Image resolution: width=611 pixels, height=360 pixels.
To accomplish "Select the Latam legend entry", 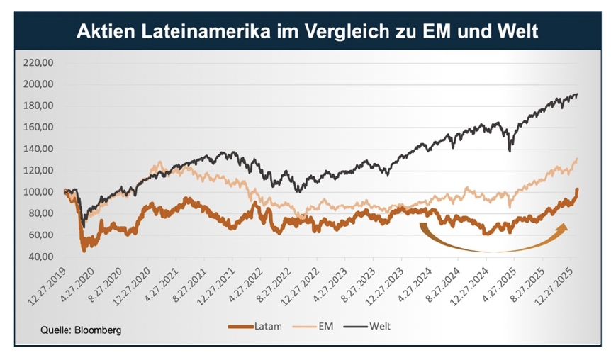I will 262,327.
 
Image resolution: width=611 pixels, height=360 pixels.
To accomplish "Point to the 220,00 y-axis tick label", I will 40,62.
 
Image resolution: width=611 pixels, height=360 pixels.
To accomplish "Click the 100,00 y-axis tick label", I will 40,192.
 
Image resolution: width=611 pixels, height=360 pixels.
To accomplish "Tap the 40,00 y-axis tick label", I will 42,257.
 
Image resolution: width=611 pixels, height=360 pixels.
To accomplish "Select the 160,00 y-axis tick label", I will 40,128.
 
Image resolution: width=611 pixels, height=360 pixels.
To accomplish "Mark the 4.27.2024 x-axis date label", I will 417,283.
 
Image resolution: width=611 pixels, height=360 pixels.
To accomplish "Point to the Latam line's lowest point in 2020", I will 84,250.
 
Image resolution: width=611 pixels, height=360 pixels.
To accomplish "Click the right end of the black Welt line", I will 578,94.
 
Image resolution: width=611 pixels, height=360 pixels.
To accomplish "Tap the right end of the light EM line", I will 578,159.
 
